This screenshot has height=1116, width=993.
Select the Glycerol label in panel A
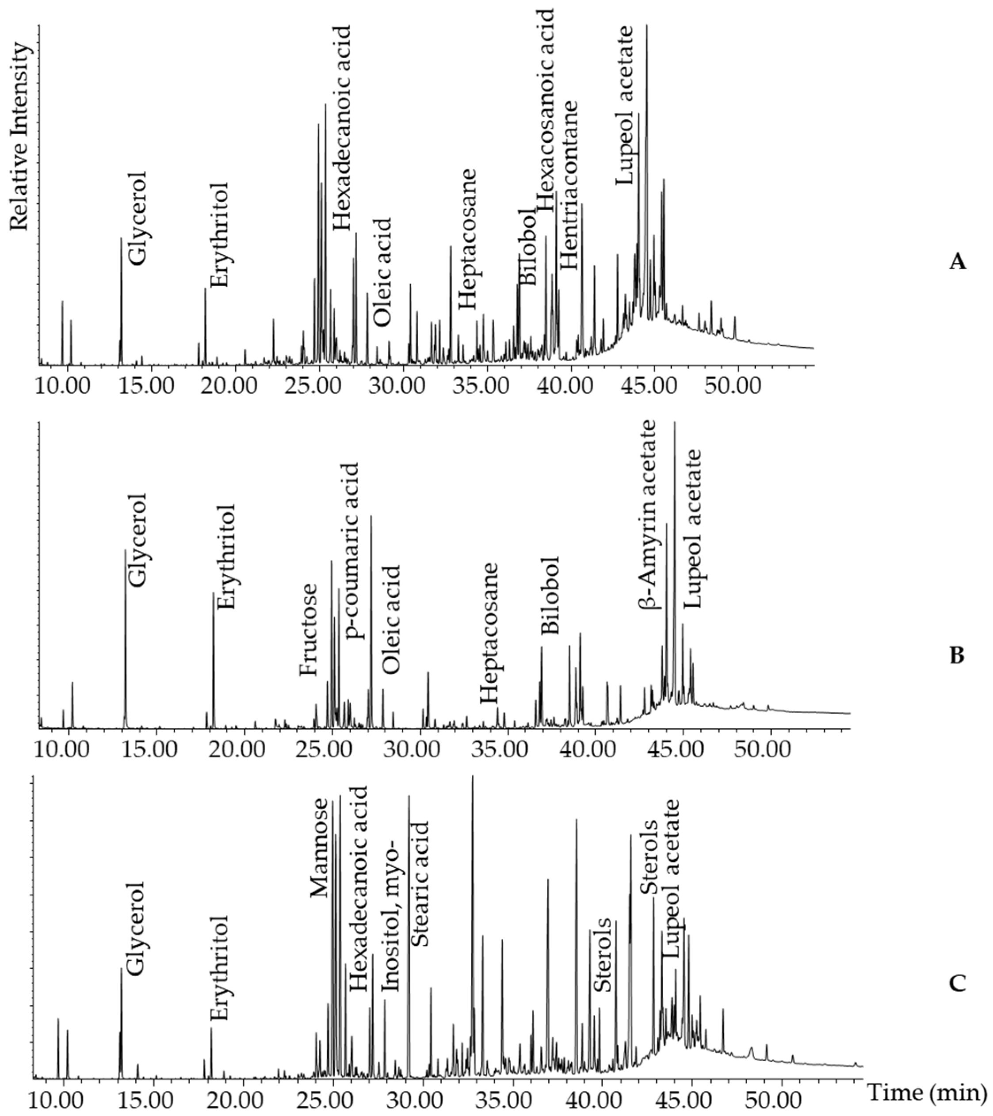139,218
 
